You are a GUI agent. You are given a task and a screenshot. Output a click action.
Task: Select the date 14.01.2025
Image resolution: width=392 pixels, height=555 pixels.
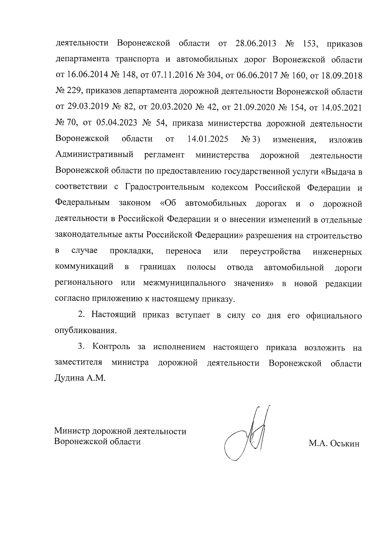208,139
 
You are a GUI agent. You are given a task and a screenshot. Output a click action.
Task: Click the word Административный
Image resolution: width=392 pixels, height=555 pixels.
94,155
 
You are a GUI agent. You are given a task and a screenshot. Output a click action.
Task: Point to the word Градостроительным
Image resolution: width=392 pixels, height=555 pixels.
165,187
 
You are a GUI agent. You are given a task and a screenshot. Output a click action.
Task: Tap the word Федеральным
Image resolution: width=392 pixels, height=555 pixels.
82,203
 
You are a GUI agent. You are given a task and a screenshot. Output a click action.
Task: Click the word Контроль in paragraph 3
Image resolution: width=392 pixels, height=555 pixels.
111,347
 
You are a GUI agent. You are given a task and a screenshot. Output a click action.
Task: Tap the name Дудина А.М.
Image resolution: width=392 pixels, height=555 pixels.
80,379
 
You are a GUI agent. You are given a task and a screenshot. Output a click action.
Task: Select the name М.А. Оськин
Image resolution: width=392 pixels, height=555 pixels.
334,444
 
